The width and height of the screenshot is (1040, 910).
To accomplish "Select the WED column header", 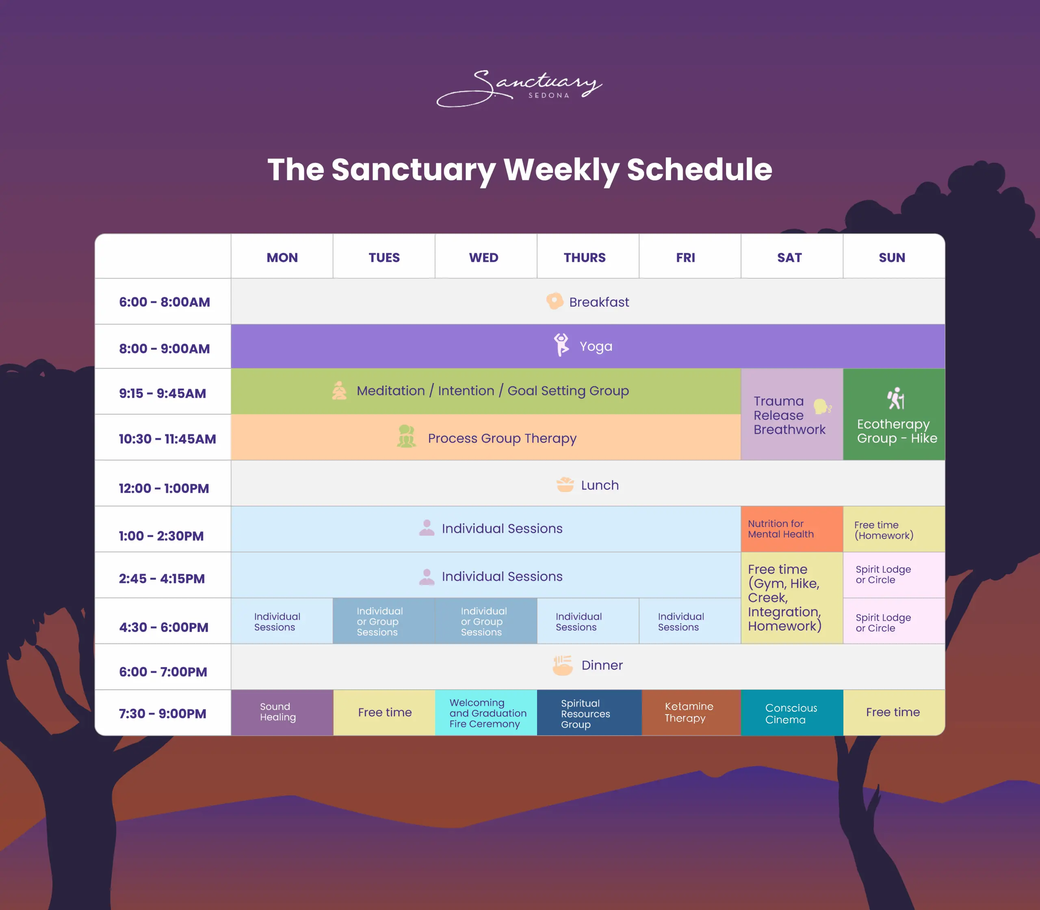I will [x=483, y=258].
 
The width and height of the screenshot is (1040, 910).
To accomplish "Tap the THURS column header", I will [x=585, y=258].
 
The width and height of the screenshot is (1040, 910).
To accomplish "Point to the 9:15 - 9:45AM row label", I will [x=162, y=393].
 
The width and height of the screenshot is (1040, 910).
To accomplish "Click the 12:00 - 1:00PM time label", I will [x=163, y=488].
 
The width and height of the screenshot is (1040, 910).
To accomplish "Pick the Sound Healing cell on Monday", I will [x=282, y=712].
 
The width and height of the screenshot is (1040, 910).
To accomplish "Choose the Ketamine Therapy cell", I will [x=690, y=712].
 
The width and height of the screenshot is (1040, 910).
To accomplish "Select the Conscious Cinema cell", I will [x=791, y=713].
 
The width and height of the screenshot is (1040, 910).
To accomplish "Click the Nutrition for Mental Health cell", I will [x=791, y=529].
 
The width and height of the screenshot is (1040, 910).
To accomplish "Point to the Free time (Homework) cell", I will [x=893, y=530].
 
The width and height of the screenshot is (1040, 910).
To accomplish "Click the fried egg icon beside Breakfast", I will [x=554, y=301].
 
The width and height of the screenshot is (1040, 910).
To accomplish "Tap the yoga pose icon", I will [x=561, y=345].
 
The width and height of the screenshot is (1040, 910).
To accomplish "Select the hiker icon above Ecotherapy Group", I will [x=896, y=398].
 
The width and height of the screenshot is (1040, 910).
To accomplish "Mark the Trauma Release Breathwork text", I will [x=789, y=415].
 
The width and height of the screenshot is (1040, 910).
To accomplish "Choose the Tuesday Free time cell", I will [x=384, y=712].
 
